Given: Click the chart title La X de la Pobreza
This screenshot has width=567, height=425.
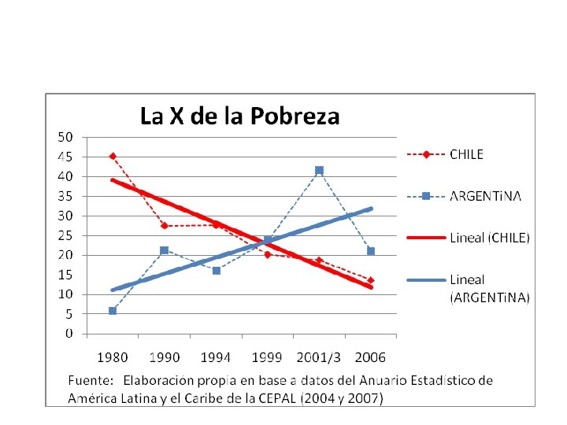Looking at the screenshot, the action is click(x=239, y=116).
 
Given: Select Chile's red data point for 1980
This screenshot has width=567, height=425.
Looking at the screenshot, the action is click(x=113, y=156).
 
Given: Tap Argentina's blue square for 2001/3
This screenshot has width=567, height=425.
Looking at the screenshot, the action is click(x=319, y=170).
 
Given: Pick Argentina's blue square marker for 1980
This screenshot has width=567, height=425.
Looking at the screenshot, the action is click(x=113, y=311).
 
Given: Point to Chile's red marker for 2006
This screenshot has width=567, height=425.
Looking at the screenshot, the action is click(x=371, y=280).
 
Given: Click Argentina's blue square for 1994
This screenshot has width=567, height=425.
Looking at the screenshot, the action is click(x=217, y=271).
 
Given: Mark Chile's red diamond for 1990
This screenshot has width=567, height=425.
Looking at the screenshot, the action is click(x=165, y=226).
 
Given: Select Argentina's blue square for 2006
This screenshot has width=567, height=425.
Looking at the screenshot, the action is click(x=371, y=251).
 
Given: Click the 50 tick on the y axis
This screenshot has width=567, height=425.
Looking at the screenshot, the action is click(x=65, y=137).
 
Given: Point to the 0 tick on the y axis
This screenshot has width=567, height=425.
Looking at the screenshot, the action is click(x=69, y=333).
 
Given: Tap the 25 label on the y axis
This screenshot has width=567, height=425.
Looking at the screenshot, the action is click(x=65, y=235).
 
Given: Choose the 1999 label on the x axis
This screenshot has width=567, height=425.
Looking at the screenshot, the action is click(x=267, y=357).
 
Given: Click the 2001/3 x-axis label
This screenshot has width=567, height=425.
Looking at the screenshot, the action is click(x=319, y=357).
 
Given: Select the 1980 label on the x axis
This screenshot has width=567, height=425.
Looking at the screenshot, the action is click(x=113, y=357).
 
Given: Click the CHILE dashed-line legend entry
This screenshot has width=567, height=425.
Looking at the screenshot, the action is click(x=445, y=155).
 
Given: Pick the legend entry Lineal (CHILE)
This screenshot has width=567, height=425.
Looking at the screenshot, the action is click(x=469, y=238).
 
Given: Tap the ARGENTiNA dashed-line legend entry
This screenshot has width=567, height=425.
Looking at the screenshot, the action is click(x=464, y=196).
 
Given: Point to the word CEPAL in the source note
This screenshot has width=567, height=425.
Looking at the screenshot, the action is click(x=278, y=398).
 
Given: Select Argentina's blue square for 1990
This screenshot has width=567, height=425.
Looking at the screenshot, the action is click(x=164, y=250).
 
